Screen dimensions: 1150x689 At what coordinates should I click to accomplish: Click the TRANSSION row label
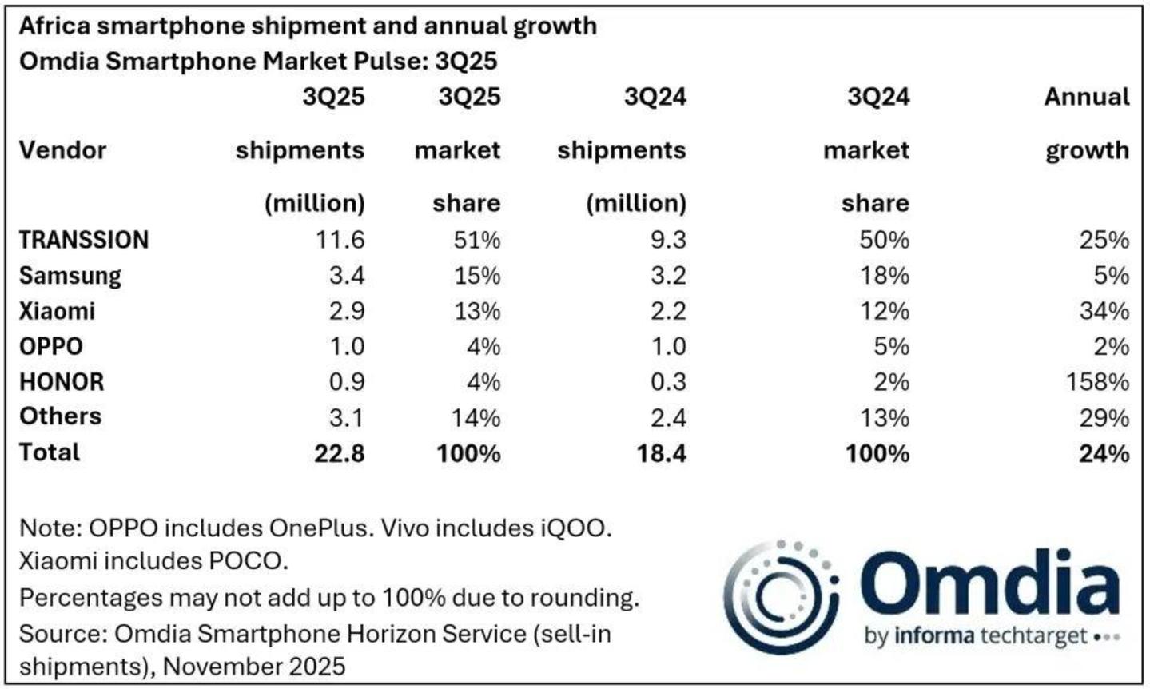coord(84,240)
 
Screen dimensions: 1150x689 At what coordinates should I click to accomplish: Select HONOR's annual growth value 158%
coord(1098,382)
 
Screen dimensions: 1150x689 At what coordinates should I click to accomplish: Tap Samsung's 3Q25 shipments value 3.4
coord(347,276)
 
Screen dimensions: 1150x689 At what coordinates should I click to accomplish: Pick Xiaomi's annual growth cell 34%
coord(1104,311)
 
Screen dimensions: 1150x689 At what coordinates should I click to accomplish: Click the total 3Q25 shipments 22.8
coord(340,453)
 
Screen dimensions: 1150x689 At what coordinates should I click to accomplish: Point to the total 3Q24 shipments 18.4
coord(661,453)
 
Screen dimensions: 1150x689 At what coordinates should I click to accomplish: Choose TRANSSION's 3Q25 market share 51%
coord(477,240)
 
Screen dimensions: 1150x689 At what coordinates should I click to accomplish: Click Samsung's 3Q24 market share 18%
coord(885,276)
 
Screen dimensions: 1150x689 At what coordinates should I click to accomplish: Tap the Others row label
coord(60,416)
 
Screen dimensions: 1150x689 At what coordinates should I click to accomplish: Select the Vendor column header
coord(62,150)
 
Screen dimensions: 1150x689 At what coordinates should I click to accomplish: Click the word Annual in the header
coord(1087,97)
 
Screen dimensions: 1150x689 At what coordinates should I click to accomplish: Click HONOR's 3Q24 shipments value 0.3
coord(668,382)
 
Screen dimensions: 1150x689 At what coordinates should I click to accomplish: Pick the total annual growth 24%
coord(1104,453)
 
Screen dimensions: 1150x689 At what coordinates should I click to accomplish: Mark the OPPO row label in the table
coord(51,347)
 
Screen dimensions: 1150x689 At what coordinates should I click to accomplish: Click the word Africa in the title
coord(55,26)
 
